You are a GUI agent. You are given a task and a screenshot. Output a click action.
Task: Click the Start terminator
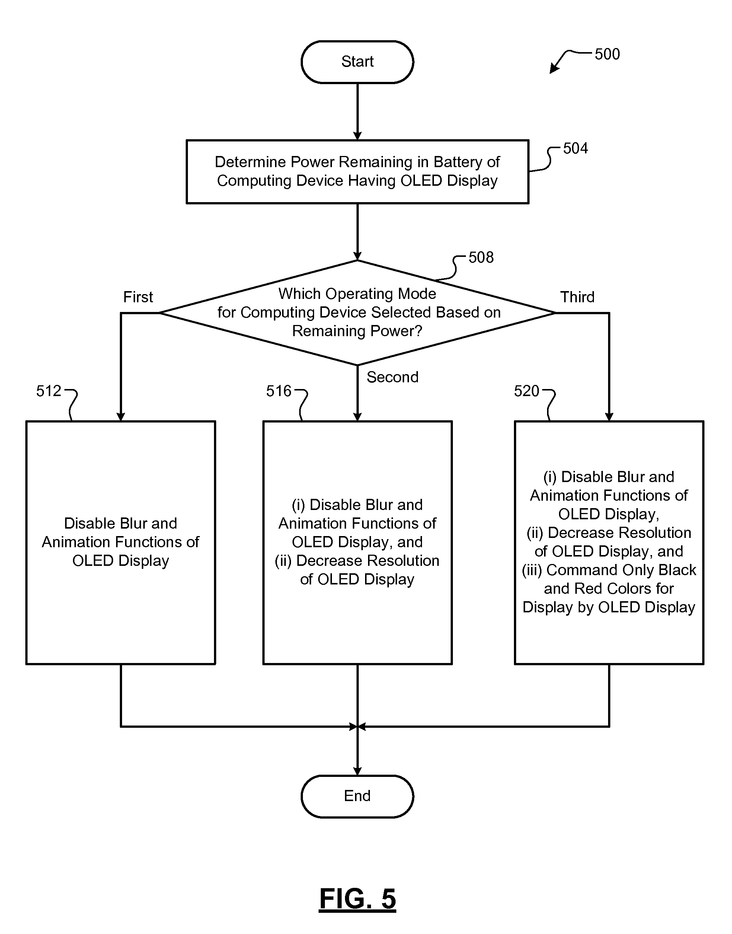coord(357,62)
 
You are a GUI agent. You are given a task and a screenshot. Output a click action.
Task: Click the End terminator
coord(357,796)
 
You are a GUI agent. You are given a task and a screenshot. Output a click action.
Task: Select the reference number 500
coord(607,54)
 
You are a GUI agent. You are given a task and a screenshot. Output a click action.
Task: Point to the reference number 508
coord(481,258)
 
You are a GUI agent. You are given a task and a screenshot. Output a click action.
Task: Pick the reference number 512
coord(48,391)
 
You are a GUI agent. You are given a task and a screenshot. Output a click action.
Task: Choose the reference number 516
coord(279,391)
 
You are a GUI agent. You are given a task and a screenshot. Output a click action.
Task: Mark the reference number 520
coord(526,391)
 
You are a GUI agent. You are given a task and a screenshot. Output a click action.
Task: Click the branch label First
coord(138,297)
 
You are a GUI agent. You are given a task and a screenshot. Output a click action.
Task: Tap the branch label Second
coord(393,377)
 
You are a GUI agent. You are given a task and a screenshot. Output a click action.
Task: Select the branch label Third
coord(577,297)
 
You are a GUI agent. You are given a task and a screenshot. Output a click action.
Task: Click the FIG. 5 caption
coord(357,899)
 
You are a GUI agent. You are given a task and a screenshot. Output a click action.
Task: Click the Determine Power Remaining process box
coord(357,172)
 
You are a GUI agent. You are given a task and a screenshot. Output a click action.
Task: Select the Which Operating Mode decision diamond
coord(357,313)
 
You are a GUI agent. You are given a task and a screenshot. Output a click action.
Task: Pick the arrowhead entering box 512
coord(121,416)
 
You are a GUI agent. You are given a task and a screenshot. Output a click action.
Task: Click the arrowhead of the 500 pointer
coord(554,68)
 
